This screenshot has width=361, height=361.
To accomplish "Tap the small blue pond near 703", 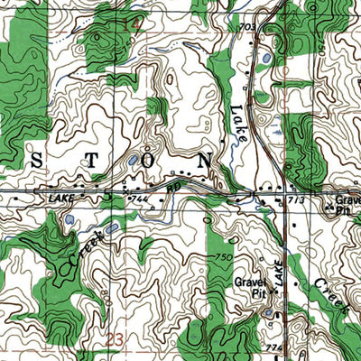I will (266, 62).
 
